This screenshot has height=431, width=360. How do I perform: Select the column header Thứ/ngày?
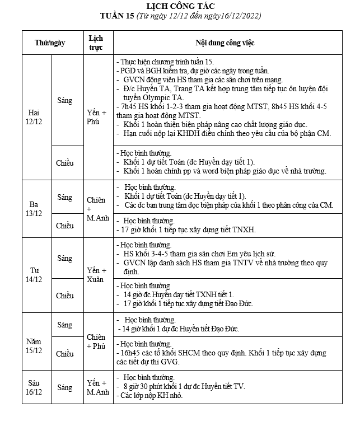[x=49, y=43]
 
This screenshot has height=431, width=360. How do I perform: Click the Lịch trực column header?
[x=96, y=43]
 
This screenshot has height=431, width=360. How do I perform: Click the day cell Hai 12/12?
[x=34, y=116]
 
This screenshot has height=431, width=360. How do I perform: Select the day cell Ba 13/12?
[x=34, y=208]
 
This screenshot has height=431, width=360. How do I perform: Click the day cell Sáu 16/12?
[x=34, y=387]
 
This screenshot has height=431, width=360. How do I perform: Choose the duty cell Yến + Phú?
[x=96, y=116]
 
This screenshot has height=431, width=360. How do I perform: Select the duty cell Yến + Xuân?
[x=96, y=274]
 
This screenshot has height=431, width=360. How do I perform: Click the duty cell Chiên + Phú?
[x=96, y=341]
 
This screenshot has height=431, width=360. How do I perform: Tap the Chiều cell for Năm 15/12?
[x=65, y=353]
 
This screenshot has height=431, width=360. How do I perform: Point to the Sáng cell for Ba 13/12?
[x=65, y=197]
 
